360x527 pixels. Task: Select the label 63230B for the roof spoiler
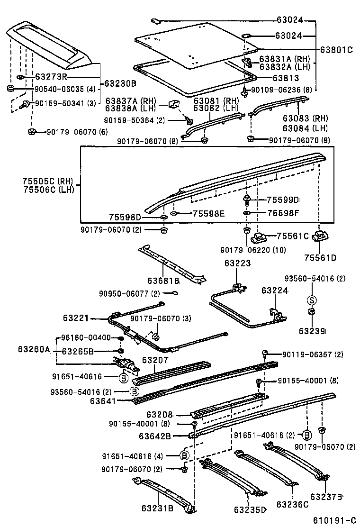tap(120, 83)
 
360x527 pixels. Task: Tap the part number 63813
tap(286, 78)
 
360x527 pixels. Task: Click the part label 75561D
tap(320, 258)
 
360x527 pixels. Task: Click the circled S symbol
tap(311, 300)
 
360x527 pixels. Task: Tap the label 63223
tap(238, 263)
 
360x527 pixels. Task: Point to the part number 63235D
tap(250, 510)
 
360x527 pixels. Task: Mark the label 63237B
tap(326, 496)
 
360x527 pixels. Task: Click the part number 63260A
tap(34, 350)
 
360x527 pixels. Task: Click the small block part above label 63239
tap(312, 312)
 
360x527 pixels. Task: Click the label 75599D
tap(283, 200)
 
